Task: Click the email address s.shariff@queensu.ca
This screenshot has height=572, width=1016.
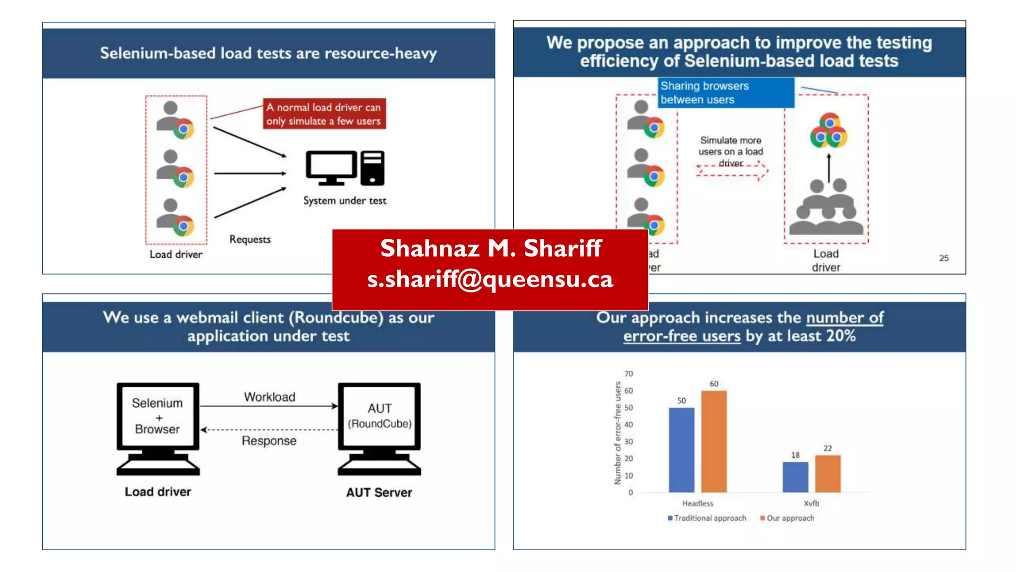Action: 490,280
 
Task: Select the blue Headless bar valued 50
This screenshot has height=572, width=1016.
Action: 681,449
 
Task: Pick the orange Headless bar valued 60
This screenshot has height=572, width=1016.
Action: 713,441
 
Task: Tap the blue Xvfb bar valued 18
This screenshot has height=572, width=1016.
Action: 795,477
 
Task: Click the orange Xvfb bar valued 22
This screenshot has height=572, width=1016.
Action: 827,473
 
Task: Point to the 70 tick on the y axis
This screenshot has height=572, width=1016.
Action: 629,374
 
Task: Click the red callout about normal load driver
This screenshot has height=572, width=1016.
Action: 323,114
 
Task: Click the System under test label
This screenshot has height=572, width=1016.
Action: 345,201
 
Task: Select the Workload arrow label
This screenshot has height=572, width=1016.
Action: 269,397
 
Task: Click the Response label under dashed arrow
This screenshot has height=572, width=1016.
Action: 269,441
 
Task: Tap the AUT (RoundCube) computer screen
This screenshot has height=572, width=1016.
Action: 380,416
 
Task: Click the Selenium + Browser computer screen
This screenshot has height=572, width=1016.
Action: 158,416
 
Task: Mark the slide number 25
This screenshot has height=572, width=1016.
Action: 944,258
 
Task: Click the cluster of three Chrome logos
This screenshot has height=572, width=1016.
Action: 828,131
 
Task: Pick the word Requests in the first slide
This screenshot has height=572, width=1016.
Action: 250,239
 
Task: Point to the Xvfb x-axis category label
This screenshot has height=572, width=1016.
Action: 811,503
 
